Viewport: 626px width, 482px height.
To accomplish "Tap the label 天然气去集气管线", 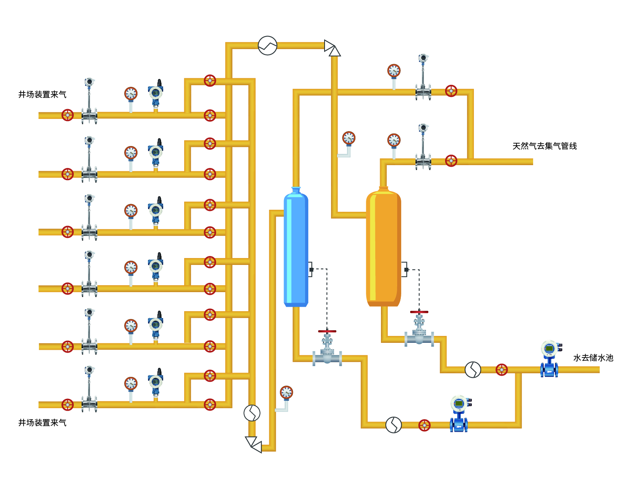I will tap(544, 146).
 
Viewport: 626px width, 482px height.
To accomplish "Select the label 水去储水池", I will tap(593, 358).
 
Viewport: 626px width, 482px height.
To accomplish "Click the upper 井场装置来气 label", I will tap(42, 95).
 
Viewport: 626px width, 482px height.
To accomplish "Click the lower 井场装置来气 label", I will tap(42, 423).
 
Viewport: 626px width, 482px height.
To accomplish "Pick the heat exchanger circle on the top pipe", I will tap(267, 45).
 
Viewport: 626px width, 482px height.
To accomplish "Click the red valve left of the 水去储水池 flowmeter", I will tap(502, 370).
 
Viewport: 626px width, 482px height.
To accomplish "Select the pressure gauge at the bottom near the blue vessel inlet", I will tap(286, 393).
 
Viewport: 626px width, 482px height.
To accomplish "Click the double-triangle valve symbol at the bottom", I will tap(254, 444).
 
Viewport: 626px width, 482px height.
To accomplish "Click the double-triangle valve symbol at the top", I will tap(332, 48).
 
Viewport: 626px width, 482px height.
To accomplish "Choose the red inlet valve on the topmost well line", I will tap(67, 115).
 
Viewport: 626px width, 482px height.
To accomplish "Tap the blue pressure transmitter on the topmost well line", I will tap(156, 95).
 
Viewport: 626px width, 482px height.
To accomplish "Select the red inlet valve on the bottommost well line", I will tap(67, 405).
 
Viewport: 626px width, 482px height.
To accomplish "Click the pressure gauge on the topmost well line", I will tap(131, 94).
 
